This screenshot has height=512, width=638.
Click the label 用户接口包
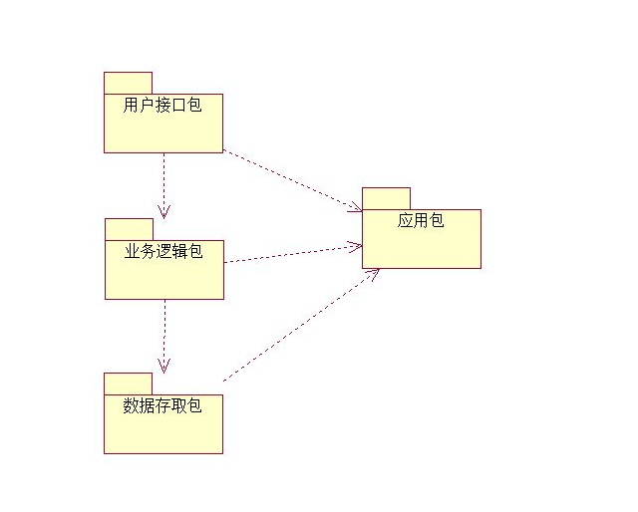[x=162, y=105]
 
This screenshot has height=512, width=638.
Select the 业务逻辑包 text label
[x=163, y=251]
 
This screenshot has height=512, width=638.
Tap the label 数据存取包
[x=162, y=405]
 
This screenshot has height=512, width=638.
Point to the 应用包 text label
[x=421, y=220]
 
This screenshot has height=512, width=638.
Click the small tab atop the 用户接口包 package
[x=128, y=83]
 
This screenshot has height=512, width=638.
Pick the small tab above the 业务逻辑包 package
[x=129, y=229]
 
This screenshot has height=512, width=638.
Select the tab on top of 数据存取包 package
[x=128, y=384]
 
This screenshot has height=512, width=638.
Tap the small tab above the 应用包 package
[x=386, y=198]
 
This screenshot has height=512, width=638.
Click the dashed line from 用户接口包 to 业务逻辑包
[x=163, y=179]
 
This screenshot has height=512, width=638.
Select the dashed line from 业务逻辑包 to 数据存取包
[x=164, y=329]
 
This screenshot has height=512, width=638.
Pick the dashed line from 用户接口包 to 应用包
[x=289, y=179]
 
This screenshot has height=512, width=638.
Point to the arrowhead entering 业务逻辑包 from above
[x=163, y=211]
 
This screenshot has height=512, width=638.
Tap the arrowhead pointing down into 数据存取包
[x=164, y=365]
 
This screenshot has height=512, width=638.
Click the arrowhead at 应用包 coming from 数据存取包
[x=373, y=274]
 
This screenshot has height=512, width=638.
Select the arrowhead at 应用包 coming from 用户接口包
[x=354, y=207]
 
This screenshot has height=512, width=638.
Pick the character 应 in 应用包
[x=405, y=220]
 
